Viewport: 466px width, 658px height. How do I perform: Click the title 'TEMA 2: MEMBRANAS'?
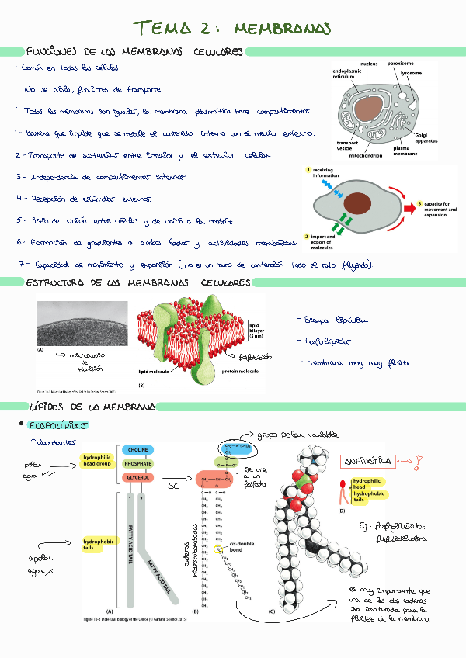click(x=232, y=29)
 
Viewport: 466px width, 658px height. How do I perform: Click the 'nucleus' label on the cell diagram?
click(x=370, y=63)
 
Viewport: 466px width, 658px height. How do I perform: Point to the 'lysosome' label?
click(x=412, y=73)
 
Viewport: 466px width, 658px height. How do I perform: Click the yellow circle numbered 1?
click(x=308, y=170)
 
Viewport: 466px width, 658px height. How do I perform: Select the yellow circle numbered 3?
click(x=420, y=203)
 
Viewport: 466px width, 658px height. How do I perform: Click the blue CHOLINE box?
click(x=137, y=450)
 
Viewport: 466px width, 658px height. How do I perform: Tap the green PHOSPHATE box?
click(x=137, y=463)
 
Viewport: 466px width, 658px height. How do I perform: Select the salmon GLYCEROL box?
click(x=137, y=477)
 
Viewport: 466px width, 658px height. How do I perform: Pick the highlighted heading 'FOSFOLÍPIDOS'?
click(x=58, y=426)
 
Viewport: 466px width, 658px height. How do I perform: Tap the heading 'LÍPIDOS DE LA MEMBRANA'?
click(x=92, y=407)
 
